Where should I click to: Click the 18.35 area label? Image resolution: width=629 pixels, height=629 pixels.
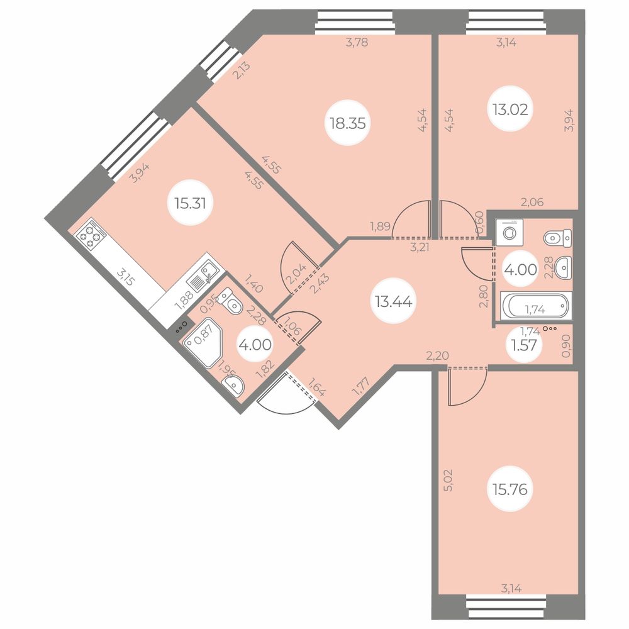coord(348,123)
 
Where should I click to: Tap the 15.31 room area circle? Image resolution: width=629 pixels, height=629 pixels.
coord(190,203)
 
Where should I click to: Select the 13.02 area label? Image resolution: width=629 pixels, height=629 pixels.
coord(510,109)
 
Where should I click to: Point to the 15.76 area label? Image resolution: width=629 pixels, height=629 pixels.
coord(510,489)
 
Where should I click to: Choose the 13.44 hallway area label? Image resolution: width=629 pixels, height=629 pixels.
coord(394,301)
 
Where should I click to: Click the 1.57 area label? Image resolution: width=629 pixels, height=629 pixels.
coord(524,345)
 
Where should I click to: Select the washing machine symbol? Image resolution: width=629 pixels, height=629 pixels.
coord(509,232)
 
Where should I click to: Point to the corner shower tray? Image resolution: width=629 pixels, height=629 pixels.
coord(202,342)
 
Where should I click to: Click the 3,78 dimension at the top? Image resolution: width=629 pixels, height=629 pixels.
coord(357,42)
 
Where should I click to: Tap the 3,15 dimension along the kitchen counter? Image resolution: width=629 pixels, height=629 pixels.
coord(126,277)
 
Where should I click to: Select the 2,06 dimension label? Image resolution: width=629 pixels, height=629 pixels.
coord(532,202)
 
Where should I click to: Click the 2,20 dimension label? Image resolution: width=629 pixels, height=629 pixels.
coord(437,355)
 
